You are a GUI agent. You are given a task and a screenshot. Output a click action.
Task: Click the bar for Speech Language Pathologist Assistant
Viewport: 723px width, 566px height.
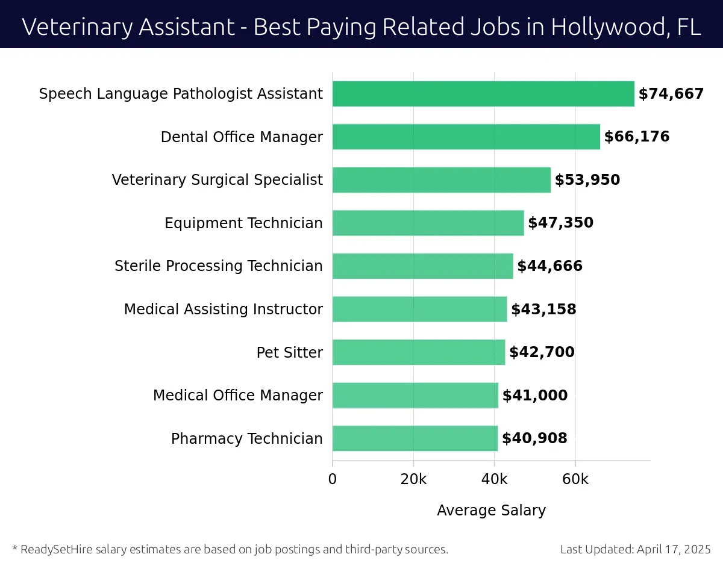pos(483,94)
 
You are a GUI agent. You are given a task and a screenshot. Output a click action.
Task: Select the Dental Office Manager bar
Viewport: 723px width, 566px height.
pos(466,137)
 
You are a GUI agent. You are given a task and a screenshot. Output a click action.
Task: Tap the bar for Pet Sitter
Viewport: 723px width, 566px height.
pos(419,352)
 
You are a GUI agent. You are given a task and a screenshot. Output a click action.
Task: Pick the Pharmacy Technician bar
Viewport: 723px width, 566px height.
pos(415,438)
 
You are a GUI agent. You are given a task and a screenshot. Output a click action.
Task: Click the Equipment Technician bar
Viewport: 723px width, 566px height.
pos(428,223)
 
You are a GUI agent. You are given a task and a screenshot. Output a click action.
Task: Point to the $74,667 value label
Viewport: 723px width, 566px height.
pos(671,94)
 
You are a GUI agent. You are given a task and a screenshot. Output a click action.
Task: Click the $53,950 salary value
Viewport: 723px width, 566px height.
pos(587,180)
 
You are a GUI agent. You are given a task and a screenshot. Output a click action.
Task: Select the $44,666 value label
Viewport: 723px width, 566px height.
pos(549,266)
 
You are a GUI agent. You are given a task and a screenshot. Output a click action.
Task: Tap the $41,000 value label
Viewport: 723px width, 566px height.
pos(534,396)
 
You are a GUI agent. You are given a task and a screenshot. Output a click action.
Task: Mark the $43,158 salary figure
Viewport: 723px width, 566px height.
pos(543,309)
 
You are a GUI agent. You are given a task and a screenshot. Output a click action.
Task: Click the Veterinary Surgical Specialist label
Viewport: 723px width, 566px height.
pos(217,180)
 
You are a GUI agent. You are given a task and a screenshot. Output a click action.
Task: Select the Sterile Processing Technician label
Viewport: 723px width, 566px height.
pos(218,266)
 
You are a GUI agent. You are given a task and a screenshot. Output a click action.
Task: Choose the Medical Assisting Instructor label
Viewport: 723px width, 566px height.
pos(223,309)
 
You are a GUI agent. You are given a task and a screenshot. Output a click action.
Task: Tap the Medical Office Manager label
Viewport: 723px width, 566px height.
pos(237,396)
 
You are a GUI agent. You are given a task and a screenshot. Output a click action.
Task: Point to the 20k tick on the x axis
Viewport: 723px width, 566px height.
pos(413,479)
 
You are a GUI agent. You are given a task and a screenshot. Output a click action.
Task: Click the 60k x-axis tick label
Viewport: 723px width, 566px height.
pos(575,479)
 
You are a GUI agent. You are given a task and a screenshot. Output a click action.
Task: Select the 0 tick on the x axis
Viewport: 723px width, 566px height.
pos(333,479)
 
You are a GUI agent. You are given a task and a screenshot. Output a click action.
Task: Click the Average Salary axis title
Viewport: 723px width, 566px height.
pos(491,511)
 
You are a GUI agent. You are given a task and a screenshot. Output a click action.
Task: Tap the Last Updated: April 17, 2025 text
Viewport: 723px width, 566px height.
pos(635,549)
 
